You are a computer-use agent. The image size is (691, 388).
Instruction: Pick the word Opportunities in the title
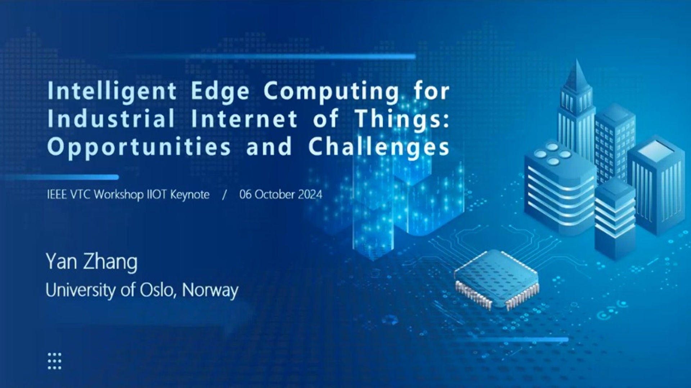139,147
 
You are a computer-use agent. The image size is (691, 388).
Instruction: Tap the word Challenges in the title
379,147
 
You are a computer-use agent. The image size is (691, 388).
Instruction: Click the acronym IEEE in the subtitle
57,195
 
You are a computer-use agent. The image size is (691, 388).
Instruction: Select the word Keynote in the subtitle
190,195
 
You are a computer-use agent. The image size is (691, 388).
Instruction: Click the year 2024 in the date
310,195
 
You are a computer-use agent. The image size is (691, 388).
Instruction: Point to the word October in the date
275,195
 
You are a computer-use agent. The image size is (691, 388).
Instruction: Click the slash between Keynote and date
225,195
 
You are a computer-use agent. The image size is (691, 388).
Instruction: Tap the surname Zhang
110,263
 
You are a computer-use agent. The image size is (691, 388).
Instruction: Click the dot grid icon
55,361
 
